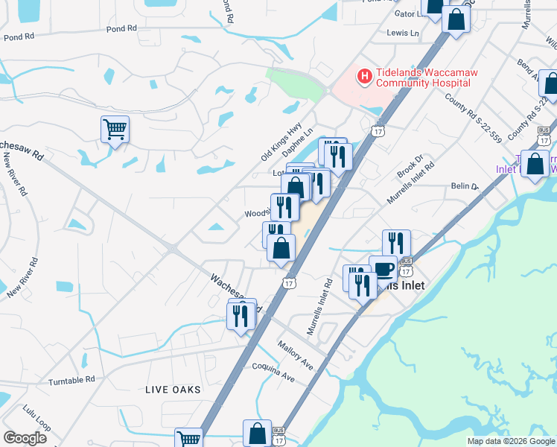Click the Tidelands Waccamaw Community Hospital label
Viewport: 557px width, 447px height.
pyautogui.click(x=426, y=77)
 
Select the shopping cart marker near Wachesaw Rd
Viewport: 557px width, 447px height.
pyautogui.click(x=115, y=129)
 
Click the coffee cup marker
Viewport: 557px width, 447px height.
pyautogui.click(x=383, y=269)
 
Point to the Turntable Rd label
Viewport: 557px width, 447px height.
pyautogui.click(x=72, y=380)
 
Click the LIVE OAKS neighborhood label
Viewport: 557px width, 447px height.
pyautogui.click(x=174, y=390)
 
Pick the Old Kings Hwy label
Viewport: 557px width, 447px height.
pyautogui.click(x=281, y=142)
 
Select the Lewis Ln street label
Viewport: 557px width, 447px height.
pyautogui.click(x=403, y=33)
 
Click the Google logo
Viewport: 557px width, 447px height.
pyautogui.click(x=25, y=437)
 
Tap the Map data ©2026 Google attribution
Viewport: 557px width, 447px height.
pyautogui.click(x=510, y=441)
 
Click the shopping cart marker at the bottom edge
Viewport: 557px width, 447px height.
pyautogui.click(x=188, y=439)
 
